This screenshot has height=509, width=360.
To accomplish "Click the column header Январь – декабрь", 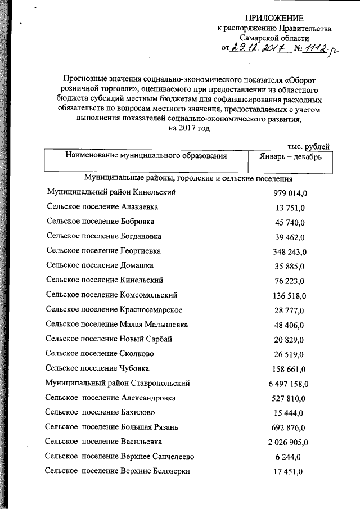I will point(291,157).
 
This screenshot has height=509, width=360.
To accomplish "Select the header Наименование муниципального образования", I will point(146,156).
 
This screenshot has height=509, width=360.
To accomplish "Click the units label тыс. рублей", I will point(308,146).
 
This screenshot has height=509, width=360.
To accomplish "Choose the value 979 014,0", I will point(290,193).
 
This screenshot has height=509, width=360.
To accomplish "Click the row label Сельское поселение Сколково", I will point(100,353).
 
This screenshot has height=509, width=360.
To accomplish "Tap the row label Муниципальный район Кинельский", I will point(112,192).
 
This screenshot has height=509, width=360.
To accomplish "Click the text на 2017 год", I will point(189,128).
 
